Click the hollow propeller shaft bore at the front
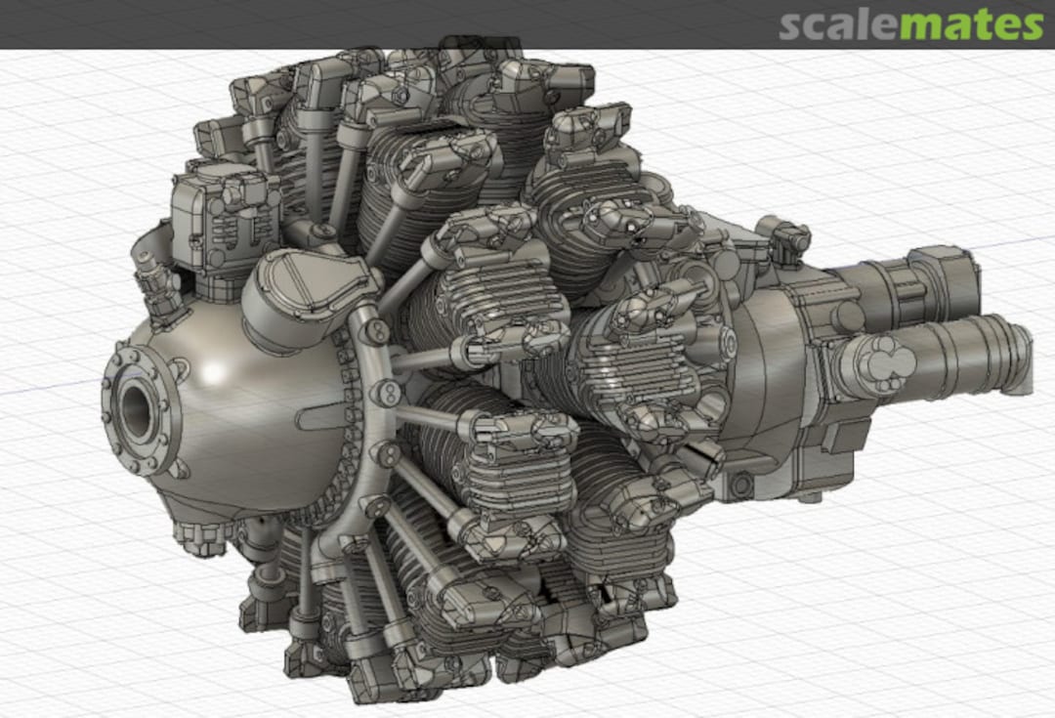[138, 408]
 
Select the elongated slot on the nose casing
[322, 417]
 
